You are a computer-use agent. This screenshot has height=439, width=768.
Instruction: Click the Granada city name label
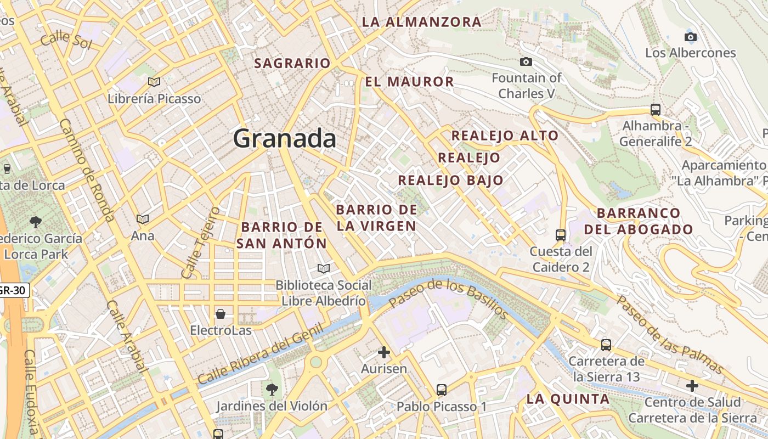285,138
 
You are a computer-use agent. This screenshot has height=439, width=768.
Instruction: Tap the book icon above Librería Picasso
154,82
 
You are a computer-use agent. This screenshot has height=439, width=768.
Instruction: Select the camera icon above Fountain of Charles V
526,61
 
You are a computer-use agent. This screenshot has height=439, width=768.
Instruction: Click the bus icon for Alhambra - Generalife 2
655,109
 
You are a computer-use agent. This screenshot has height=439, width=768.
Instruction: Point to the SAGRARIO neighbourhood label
292,64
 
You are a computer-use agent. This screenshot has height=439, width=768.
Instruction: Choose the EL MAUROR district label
410,82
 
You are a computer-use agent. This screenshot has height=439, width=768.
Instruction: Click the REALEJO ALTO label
505,136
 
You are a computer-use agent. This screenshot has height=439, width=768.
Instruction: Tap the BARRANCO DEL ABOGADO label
639,221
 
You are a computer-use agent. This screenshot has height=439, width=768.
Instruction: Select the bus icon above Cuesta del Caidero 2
561,235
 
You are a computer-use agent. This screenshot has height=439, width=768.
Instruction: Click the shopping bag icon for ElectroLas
221,314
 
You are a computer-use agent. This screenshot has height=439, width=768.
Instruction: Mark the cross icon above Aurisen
384,352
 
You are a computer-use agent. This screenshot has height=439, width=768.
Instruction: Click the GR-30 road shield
12,290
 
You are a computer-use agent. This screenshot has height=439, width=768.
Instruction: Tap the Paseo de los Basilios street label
448,299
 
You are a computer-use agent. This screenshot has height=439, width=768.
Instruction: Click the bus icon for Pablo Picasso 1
442,390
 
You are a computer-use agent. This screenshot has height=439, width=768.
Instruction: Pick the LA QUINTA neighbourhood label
568,399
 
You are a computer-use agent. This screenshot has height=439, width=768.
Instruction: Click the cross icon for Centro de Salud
692,386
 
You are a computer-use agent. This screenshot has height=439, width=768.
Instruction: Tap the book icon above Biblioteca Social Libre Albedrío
324,268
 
